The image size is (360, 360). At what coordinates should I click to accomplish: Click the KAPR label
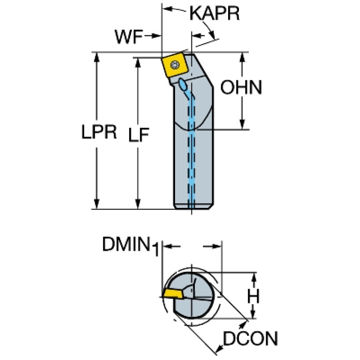[x=214, y=14]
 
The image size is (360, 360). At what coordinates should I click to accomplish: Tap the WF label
[x=128, y=36]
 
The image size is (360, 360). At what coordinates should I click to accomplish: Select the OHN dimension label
[x=241, y=88]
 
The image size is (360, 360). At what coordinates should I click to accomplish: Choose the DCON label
[x=251, y=339]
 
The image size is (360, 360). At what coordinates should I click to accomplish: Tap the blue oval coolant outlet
[x=183, y=84]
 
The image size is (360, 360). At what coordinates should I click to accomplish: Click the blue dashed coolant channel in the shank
[x=191, y=155]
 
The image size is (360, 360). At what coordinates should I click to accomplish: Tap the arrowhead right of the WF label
[x=156, y=36]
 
